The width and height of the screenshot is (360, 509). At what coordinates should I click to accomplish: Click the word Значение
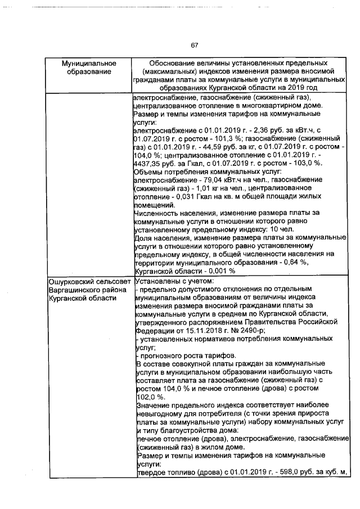[x=155, y=406]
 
